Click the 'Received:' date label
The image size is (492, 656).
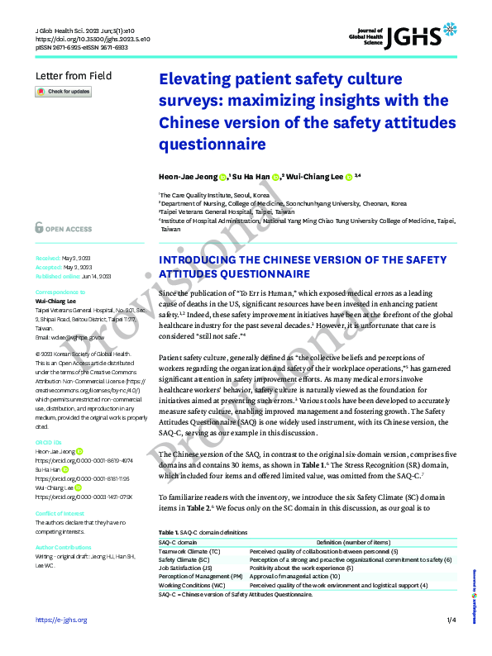[48, 257]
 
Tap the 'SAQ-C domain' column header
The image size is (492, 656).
[181, 540]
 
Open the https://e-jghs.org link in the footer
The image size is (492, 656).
[61, 620]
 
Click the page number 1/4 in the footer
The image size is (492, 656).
[451, 620]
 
